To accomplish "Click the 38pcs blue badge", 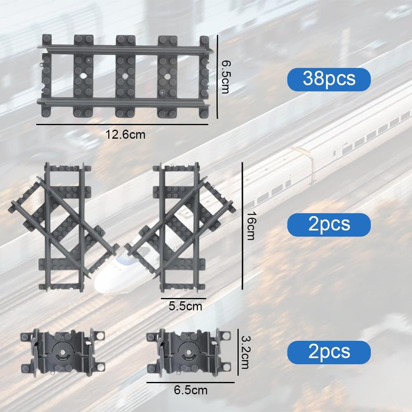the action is click(x=329, y=80).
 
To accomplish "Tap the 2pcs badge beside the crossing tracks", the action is click(x=329, y=225).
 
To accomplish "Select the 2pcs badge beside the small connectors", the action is click(x=329, y=352).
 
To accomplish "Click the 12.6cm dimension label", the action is click(x=125, y=135).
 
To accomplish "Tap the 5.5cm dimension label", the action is click(x=185, y=306).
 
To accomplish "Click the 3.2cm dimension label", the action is click(x=246, y=352).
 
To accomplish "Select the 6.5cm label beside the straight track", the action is click(x=225, y=77).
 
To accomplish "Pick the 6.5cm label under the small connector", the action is click(x=190, y=390).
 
